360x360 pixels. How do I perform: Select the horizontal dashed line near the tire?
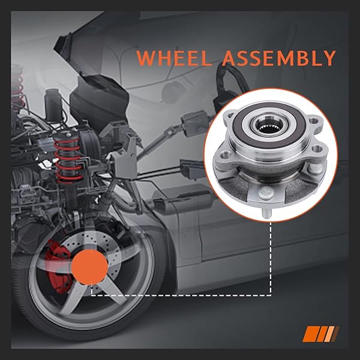pyautogui.click(x=180, y=295)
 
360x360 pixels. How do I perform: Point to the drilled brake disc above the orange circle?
pyautogui.click(x=90, y=237)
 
